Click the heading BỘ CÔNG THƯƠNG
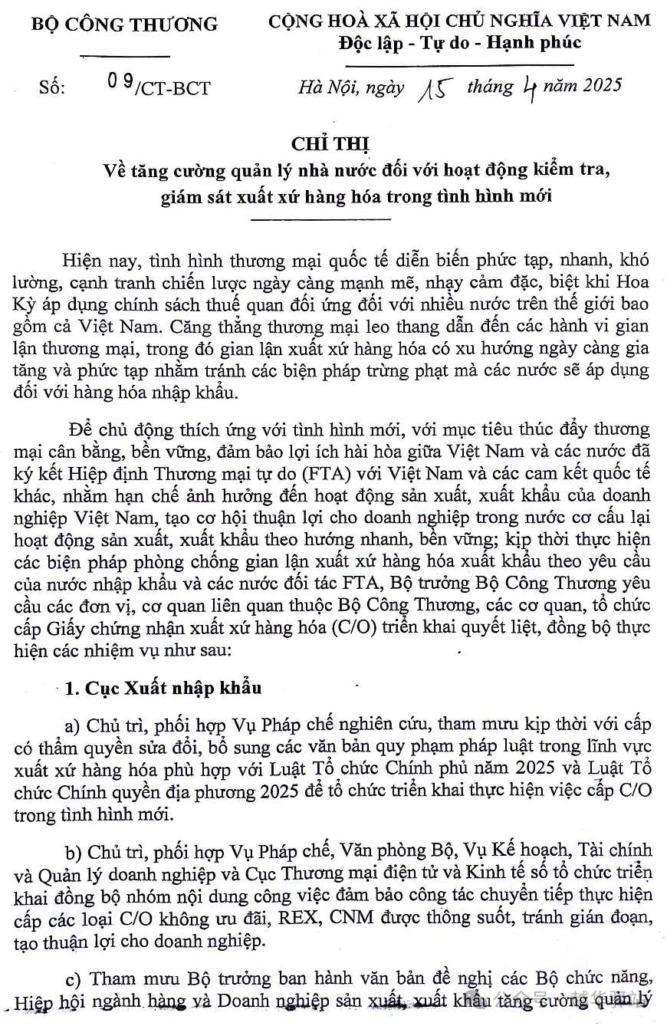tap(124, 24)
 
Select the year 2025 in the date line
tap(597, 85)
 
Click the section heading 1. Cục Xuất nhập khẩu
tap(163, 687)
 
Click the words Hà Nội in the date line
tap(323, 86)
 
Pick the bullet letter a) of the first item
tap(74, 725)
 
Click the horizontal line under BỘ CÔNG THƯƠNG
tap(124, 55)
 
